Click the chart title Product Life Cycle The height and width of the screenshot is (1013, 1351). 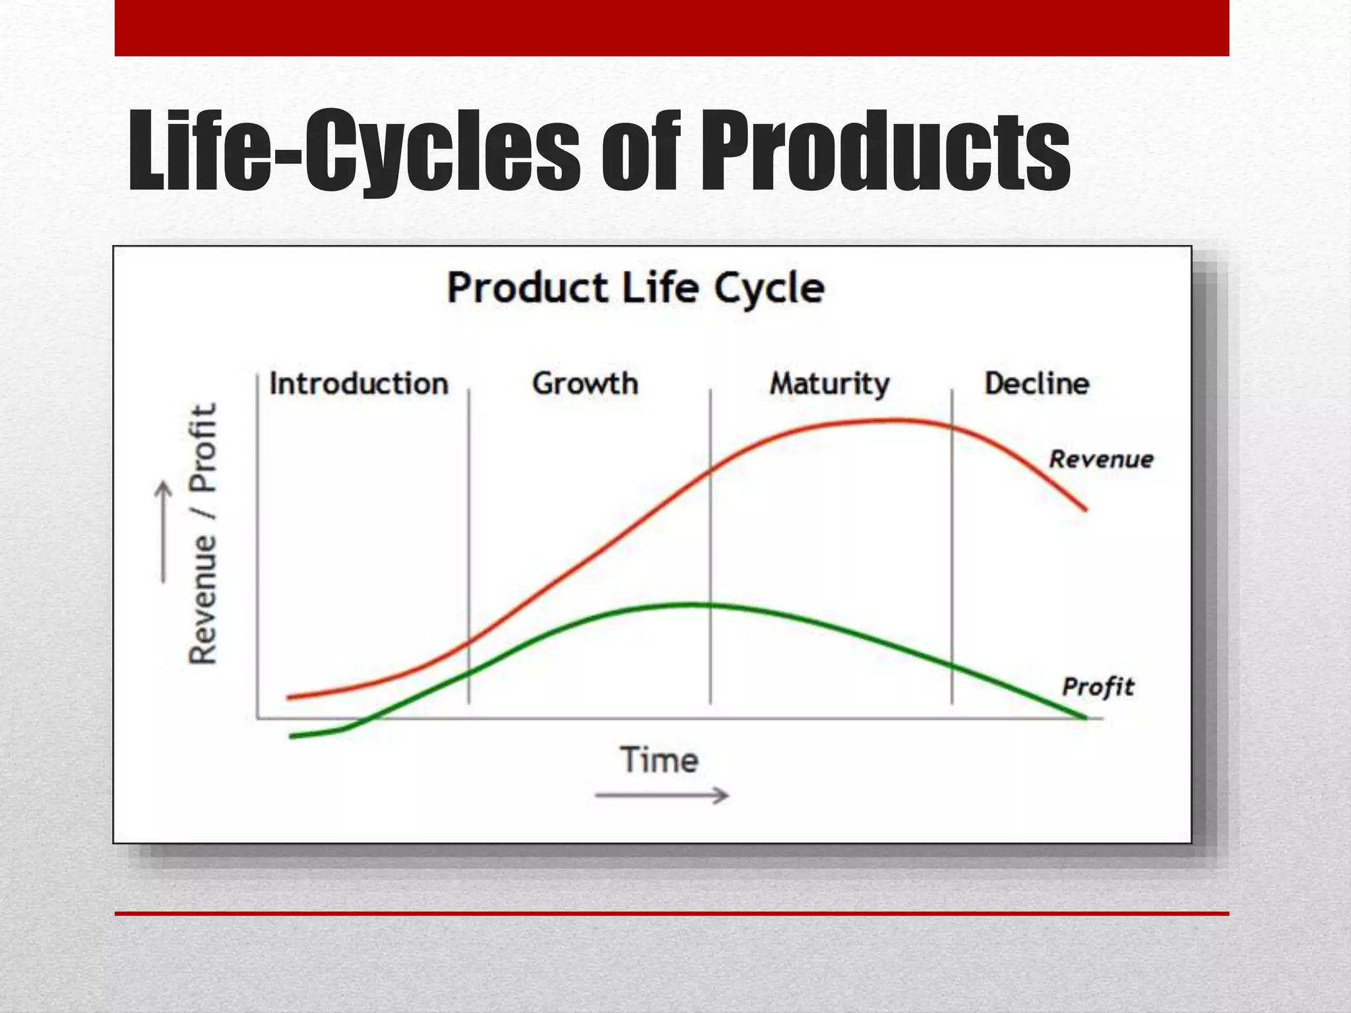coord(635,289)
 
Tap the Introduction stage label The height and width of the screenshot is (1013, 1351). coord(359,384)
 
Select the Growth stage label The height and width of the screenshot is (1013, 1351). coord(585,384)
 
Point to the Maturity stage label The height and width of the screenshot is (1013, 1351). coord(829,384)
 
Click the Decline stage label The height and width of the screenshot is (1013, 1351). coord(1036,384)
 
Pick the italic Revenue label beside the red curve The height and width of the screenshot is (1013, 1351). coord(1101,459)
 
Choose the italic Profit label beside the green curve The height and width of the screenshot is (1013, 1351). coord(1098,687)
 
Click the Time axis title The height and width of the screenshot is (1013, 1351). coord(658,760)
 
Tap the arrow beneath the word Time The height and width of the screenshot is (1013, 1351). coord(661,795)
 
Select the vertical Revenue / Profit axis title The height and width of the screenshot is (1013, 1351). coord(203,534)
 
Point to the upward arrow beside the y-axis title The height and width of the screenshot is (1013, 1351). coord(163,533)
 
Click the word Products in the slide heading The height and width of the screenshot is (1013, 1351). coord(885,152)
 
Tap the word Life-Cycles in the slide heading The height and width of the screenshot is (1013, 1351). coord(354,152)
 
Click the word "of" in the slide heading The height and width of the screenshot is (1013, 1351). coord(639,152)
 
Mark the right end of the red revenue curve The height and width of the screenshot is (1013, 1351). coord(1084,508)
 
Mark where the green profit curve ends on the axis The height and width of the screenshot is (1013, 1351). coord(1084,718)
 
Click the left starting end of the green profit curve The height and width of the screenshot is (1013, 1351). coord(292,736)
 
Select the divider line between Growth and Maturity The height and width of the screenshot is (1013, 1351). coord(710,547)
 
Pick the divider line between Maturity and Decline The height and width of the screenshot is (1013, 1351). coord(952,547)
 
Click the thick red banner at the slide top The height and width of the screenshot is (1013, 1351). coord(672,28)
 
